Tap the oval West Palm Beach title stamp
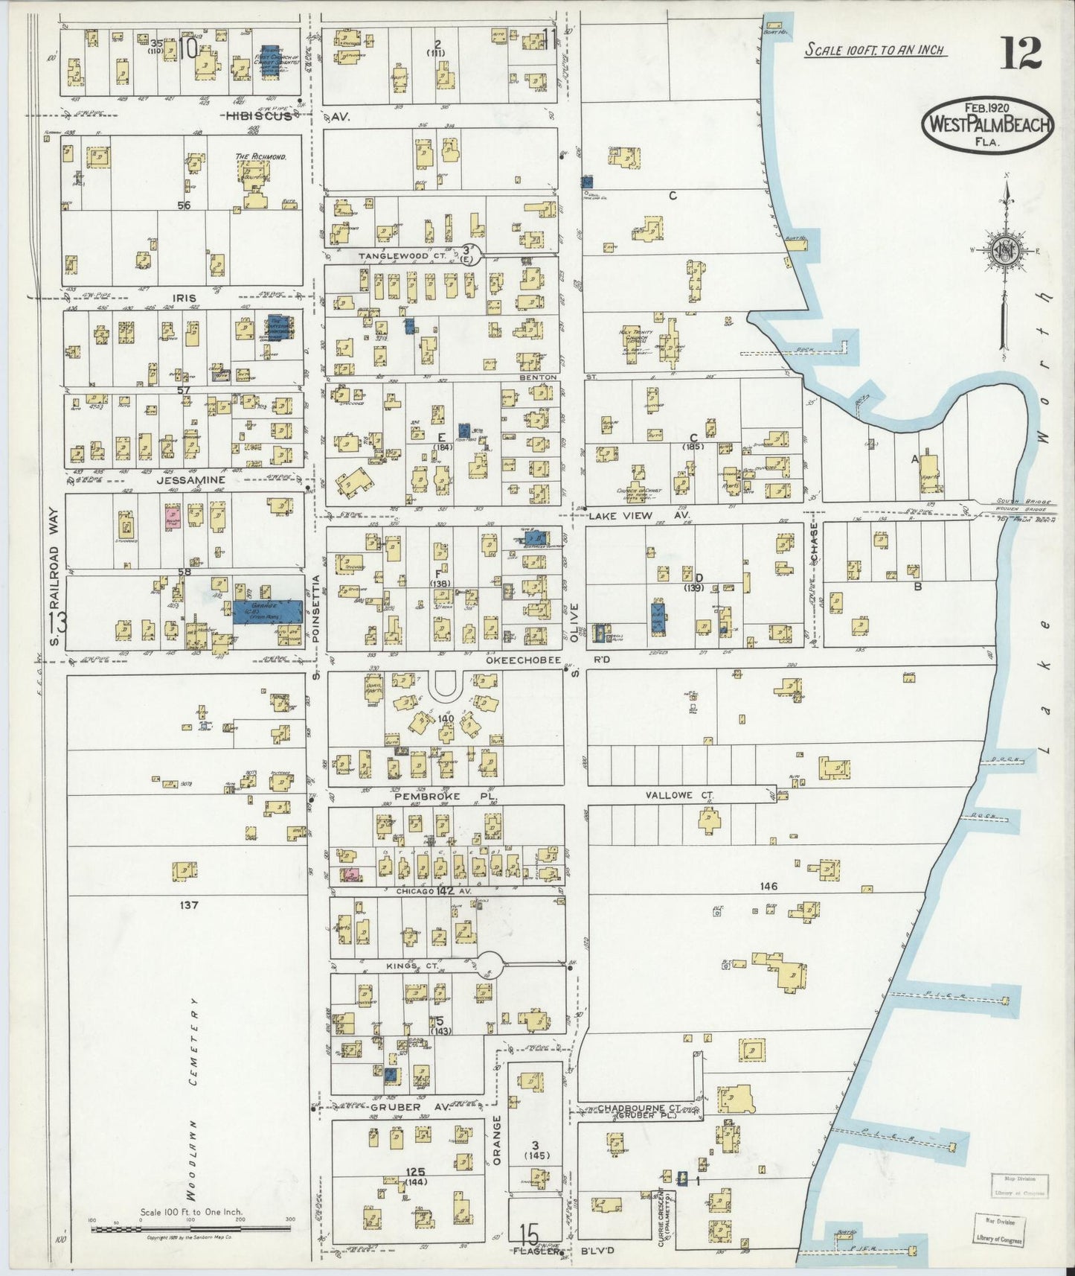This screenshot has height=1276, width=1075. (x=988, y=124)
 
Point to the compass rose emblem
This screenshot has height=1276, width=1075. (x=1004, y=251)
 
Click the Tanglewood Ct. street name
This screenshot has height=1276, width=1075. (x=402, y=255)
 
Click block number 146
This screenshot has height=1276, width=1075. (x=768, y=886)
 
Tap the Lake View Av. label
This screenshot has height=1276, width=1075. (x=633, y=515)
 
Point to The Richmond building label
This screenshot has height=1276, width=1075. (x=261, y=157)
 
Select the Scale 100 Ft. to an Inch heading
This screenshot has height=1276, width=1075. (x=875, y=50)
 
